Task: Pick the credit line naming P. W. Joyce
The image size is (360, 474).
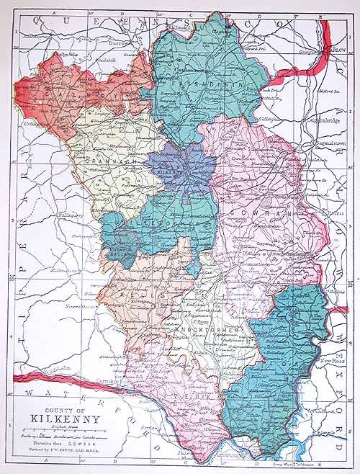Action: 67,448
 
